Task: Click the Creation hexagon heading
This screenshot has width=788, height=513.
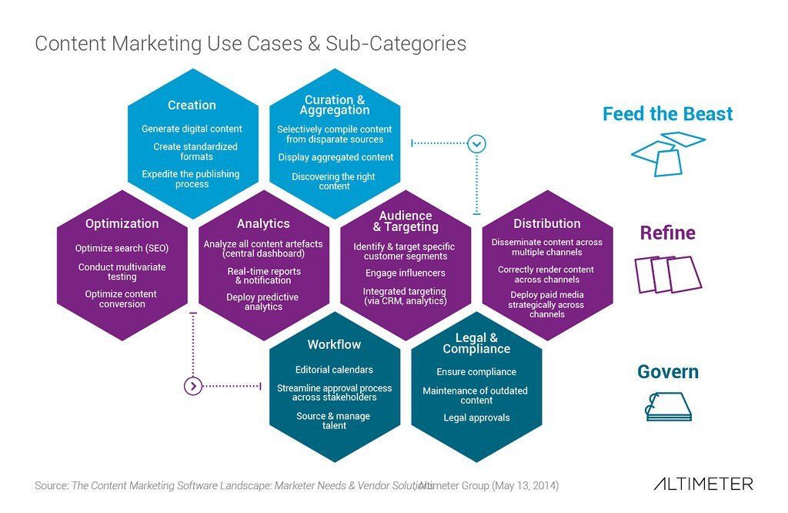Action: (192, 106)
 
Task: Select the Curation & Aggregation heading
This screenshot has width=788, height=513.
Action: (334, 105)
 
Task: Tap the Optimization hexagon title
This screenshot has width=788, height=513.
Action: (122, 224)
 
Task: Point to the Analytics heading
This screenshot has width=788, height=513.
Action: (263, 224)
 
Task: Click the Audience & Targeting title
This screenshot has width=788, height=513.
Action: (406, 221)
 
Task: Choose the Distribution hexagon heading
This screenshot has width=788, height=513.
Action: (546, 224)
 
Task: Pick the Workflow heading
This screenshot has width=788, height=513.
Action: (334, 344)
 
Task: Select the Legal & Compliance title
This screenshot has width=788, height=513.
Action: (476, 344)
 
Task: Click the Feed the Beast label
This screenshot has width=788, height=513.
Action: (667, 114)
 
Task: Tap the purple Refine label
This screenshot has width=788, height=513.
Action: (667, 233)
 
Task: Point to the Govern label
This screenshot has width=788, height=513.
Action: (667, 372)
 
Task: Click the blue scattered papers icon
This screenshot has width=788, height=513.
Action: (666, 153)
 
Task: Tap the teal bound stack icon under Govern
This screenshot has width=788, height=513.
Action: (668, 407)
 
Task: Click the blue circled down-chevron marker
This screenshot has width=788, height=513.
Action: (477, 143)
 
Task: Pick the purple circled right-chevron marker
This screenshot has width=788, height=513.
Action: (193, 385)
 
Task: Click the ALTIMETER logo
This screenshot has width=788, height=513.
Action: (703, 484)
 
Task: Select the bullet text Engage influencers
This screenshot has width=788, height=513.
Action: (405, 273)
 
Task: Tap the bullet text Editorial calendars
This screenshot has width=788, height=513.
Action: (334, 370)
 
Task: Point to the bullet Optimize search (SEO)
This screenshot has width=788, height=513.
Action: (122, 248)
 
